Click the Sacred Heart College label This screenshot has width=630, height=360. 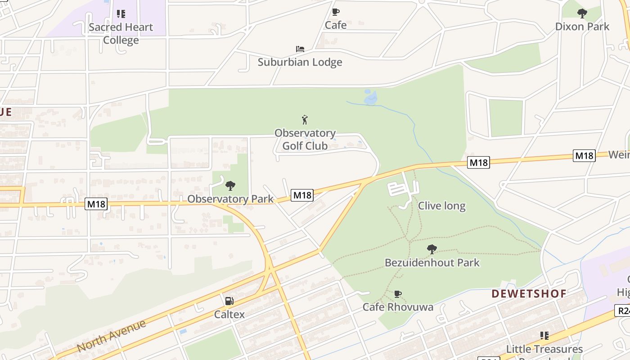tap(121, 33)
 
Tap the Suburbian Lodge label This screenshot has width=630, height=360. tap(300, 62)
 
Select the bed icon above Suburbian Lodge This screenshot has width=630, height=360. tap(300, 49)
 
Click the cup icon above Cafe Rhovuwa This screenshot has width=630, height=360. tap(397, 294)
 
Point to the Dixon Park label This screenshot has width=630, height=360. tap(582, 26)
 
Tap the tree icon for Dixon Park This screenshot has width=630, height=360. tap(582, 13)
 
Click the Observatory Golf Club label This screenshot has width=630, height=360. tap(305, 139)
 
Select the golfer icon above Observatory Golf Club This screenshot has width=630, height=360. tap(305, 120)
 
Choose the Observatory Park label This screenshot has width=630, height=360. tap(230, 199)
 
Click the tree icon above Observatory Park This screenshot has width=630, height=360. tap(230, 185)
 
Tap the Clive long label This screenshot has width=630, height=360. tap(441, 206)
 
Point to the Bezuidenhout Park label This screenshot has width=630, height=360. tap(432, 262)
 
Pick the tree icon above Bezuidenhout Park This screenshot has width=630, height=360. tap(432, 249)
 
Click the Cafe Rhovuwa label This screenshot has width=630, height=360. tap(398, 307)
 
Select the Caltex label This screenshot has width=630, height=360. tap(229, 314)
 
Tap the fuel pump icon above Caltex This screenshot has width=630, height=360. tap(229, 301)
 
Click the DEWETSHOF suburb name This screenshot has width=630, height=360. tap(529, 294)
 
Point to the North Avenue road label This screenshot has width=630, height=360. tap(112, 336)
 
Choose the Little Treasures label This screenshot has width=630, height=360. tap(544, 349)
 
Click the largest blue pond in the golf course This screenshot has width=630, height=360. tap(370, 98)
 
